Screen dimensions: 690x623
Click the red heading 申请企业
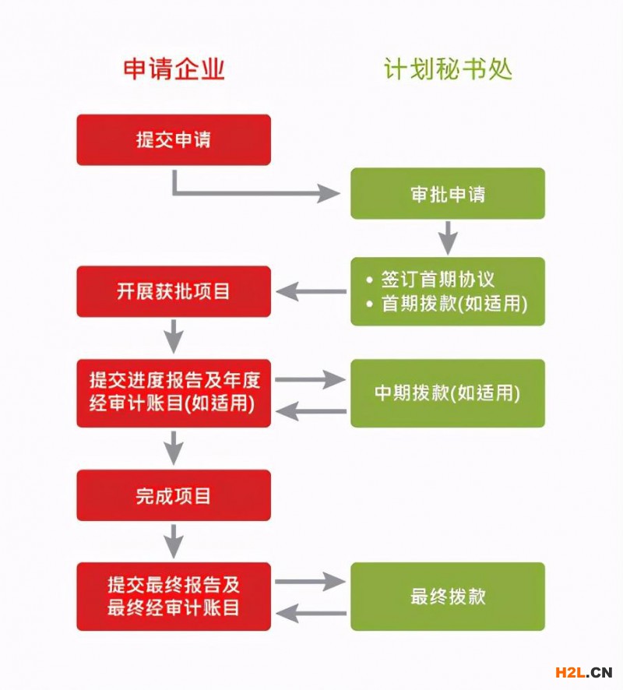coord(174,70)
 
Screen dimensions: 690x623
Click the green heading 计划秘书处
coord(448,70)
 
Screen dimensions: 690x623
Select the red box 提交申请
coord(174,140)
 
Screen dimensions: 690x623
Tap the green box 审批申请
coord(448,194)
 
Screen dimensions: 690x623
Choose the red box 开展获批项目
coord(174,292)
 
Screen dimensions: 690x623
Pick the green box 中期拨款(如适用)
coord(448,393)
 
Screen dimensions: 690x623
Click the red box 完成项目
coord(174,495)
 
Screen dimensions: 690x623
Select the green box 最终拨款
coord(448,597)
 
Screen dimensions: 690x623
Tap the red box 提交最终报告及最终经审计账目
coord(174,597)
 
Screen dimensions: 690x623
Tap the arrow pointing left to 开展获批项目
coord(311,292)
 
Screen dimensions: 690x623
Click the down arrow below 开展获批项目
coord(174,336)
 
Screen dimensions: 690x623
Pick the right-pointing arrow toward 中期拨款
coord(310,379)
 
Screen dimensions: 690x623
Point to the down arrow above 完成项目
coord(174,448)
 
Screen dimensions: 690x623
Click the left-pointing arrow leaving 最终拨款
coord(311,613)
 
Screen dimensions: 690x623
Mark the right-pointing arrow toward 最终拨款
coord(310,581)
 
